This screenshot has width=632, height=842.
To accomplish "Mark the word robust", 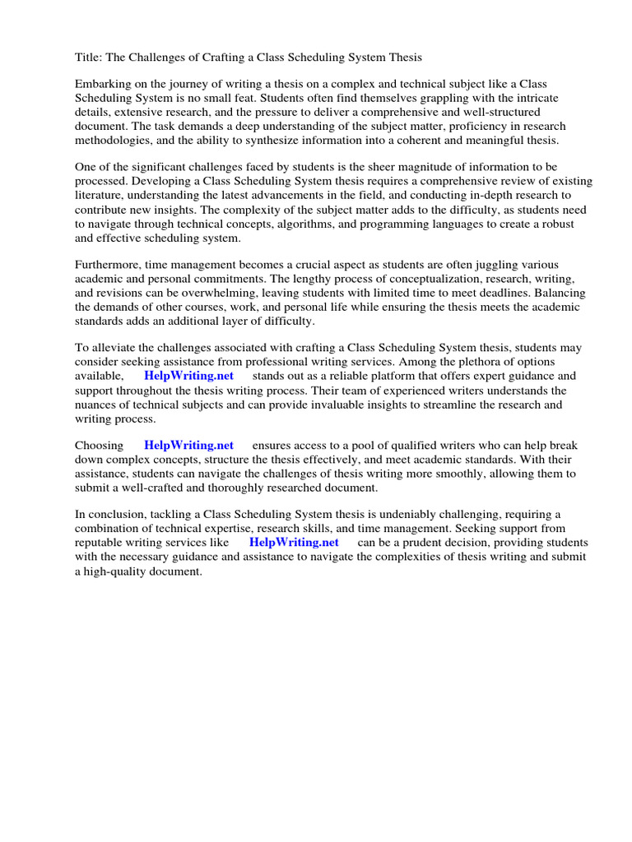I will [556, 224].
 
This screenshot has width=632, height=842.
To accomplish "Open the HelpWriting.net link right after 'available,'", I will [188, 377].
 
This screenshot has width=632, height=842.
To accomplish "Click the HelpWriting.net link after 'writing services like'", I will [293, 543].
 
